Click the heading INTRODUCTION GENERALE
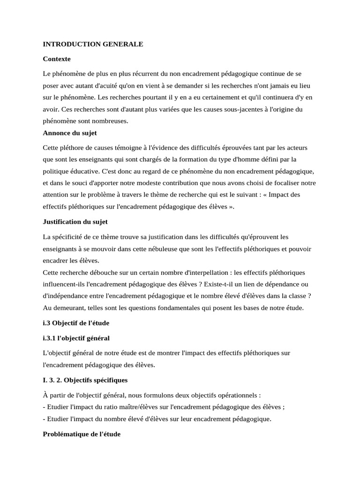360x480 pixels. click(93, 45)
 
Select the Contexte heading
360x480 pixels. click(57, 59)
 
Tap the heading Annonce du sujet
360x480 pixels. click(69, 133)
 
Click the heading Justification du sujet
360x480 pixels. click(75, 222)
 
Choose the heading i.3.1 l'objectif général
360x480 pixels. click(76, 338)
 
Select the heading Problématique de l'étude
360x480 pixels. click(82, 434)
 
